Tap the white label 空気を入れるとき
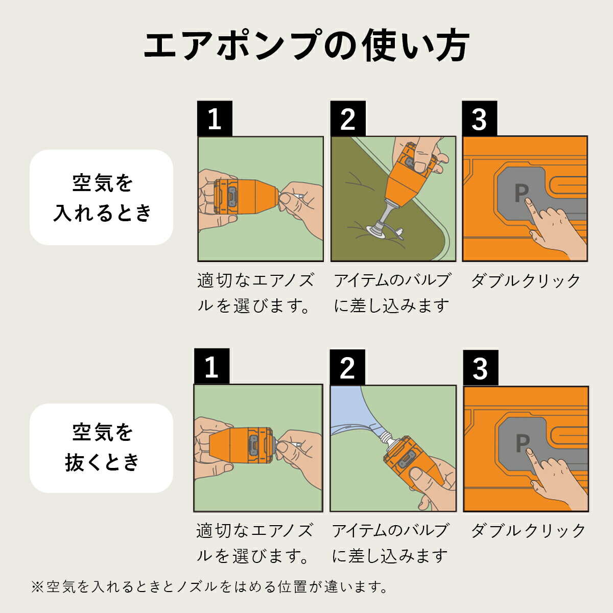point(102,197)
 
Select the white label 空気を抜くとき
point(102,447)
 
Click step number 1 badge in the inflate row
point(215,119)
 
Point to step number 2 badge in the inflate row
point(347,119)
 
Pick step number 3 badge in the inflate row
point(479,119)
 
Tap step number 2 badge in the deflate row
point(347,367)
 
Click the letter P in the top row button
point(521,193)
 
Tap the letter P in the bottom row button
point(522,443)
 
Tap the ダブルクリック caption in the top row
point(525,281)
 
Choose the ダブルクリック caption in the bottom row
point(528,530)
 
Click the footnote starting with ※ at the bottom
point(209,586)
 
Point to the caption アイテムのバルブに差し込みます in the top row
point(392,293)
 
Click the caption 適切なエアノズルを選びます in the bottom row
point(255,543)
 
